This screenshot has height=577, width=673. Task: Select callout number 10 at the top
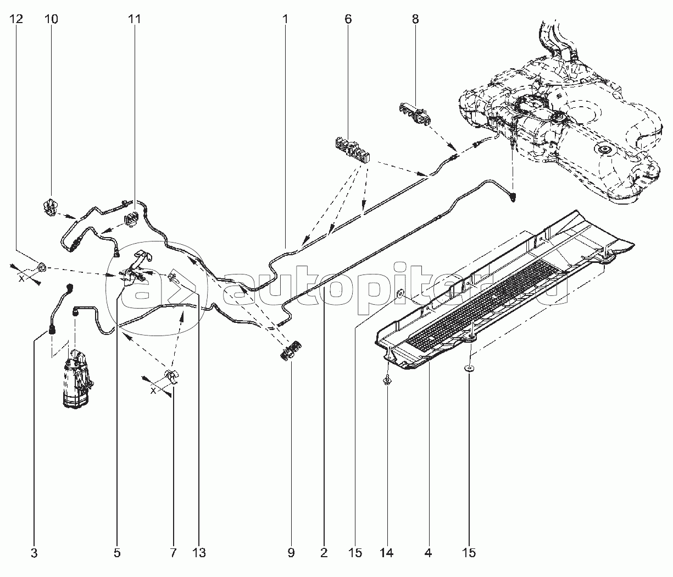(x=51, y=19)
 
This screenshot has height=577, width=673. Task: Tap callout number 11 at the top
(x=134, y=19)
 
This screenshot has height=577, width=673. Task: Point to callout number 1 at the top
(x=286, y=19)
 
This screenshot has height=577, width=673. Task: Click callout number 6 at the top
(x=348, y=19)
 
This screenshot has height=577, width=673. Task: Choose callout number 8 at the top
(x=415, y=19)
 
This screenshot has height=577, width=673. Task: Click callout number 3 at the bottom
(x=34, y=553)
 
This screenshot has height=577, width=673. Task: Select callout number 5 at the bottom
(x=117, y=553)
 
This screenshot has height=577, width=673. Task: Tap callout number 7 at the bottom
(x=174, y=553)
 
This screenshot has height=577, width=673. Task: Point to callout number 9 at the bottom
(x=291, y=553)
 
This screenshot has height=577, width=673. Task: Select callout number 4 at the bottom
(x=428, y=553)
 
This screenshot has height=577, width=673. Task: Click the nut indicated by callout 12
(x=41, y=268)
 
